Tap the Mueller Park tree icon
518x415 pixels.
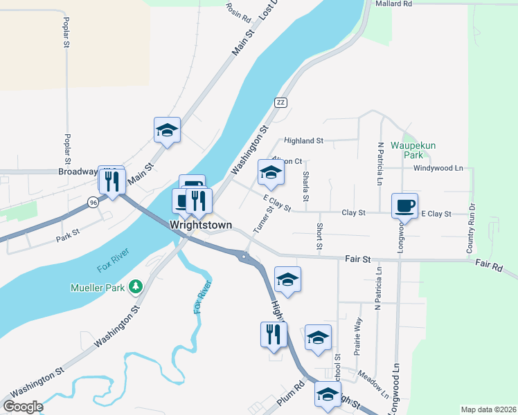tap(136, 286)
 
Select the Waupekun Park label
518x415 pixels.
tap(411, 150)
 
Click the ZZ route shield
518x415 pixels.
tap(280, 102)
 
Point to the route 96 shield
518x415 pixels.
tap(93, 202)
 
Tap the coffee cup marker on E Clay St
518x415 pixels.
tap(405, 205)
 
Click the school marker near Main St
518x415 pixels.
tap(167, 129)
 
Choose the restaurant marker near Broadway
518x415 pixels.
tap(111, 181)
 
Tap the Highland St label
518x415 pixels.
tap(303, 140)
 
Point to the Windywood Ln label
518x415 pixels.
tap(438, 168)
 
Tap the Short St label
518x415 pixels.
tap(319, 237)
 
